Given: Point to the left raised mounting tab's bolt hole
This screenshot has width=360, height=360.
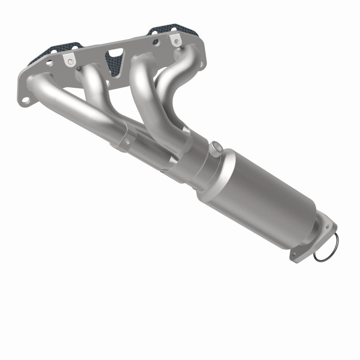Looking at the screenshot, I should (x=69, y=59).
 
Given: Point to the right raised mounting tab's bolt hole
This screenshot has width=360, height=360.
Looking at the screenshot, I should (x=173, y=41).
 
